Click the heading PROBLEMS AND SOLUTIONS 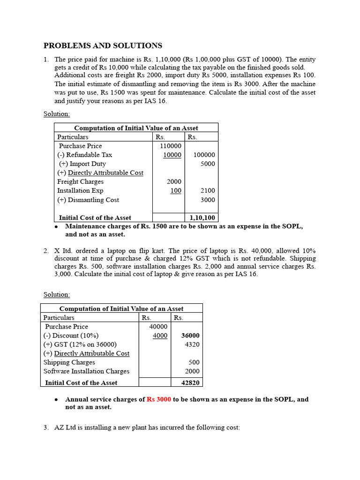pos(103,45)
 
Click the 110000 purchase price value pos(171,146)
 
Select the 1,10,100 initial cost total pos(202,217)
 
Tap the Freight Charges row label pos(80,181)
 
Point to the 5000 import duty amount pos(208,164)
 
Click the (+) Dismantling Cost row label pos(88,200)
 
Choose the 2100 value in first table pos(208,191)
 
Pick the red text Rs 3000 pos(158,399)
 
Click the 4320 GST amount pos(192,344)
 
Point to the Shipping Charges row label pos(69,362)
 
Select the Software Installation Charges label pos(86,371)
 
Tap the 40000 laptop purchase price pos(158,326)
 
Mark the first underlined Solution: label pos(57,114)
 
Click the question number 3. pos(46,427)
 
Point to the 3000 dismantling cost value pos(208,200)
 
